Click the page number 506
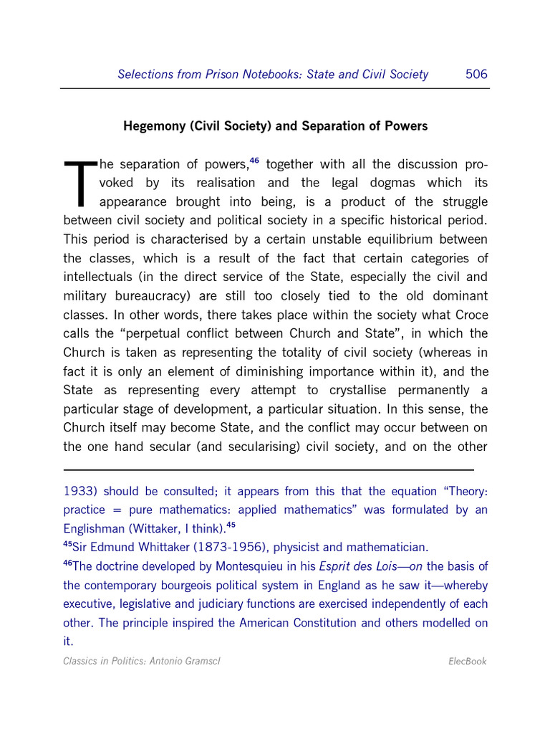click(x=476, y=74)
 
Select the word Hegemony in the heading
click(x=154, y=126)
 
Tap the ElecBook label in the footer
click(x=466, y=661)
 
